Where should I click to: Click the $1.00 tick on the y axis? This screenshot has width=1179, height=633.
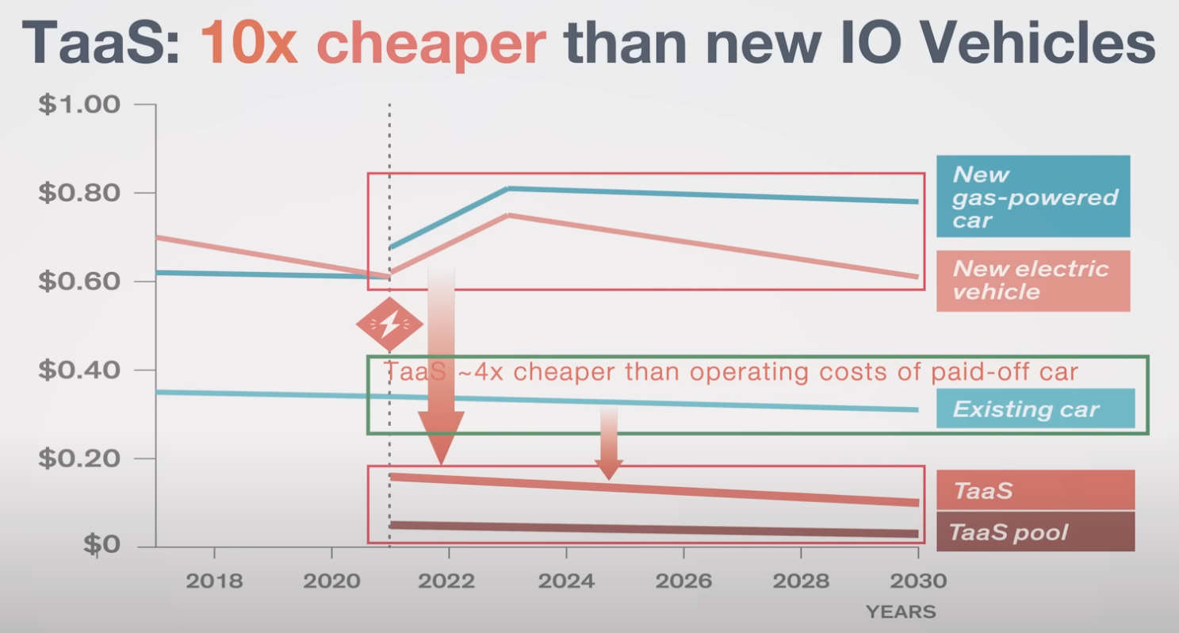coord(80,105)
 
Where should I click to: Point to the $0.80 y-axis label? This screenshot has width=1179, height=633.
coord(80,193)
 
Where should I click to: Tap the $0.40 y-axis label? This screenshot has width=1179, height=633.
coord(80,370)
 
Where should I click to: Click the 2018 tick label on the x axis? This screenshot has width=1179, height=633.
coord(214,581)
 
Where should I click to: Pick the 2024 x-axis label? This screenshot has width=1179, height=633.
coord(566,581)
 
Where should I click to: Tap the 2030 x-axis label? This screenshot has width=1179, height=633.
coord(918,581)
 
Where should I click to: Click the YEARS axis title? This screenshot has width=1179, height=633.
coord(901,612)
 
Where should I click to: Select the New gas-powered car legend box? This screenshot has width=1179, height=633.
coord(1032,196)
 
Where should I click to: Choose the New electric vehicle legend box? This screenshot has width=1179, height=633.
coord(1032,281)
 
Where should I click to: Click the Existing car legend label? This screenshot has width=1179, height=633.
coord(1026,409)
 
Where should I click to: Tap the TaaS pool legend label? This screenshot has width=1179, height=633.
coord(1009,531)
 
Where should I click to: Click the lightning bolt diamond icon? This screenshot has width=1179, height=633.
coord(389,324)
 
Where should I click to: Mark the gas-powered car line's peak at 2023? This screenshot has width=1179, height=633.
coord(509,189)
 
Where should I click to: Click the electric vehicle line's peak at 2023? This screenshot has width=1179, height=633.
coord(509,215)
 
